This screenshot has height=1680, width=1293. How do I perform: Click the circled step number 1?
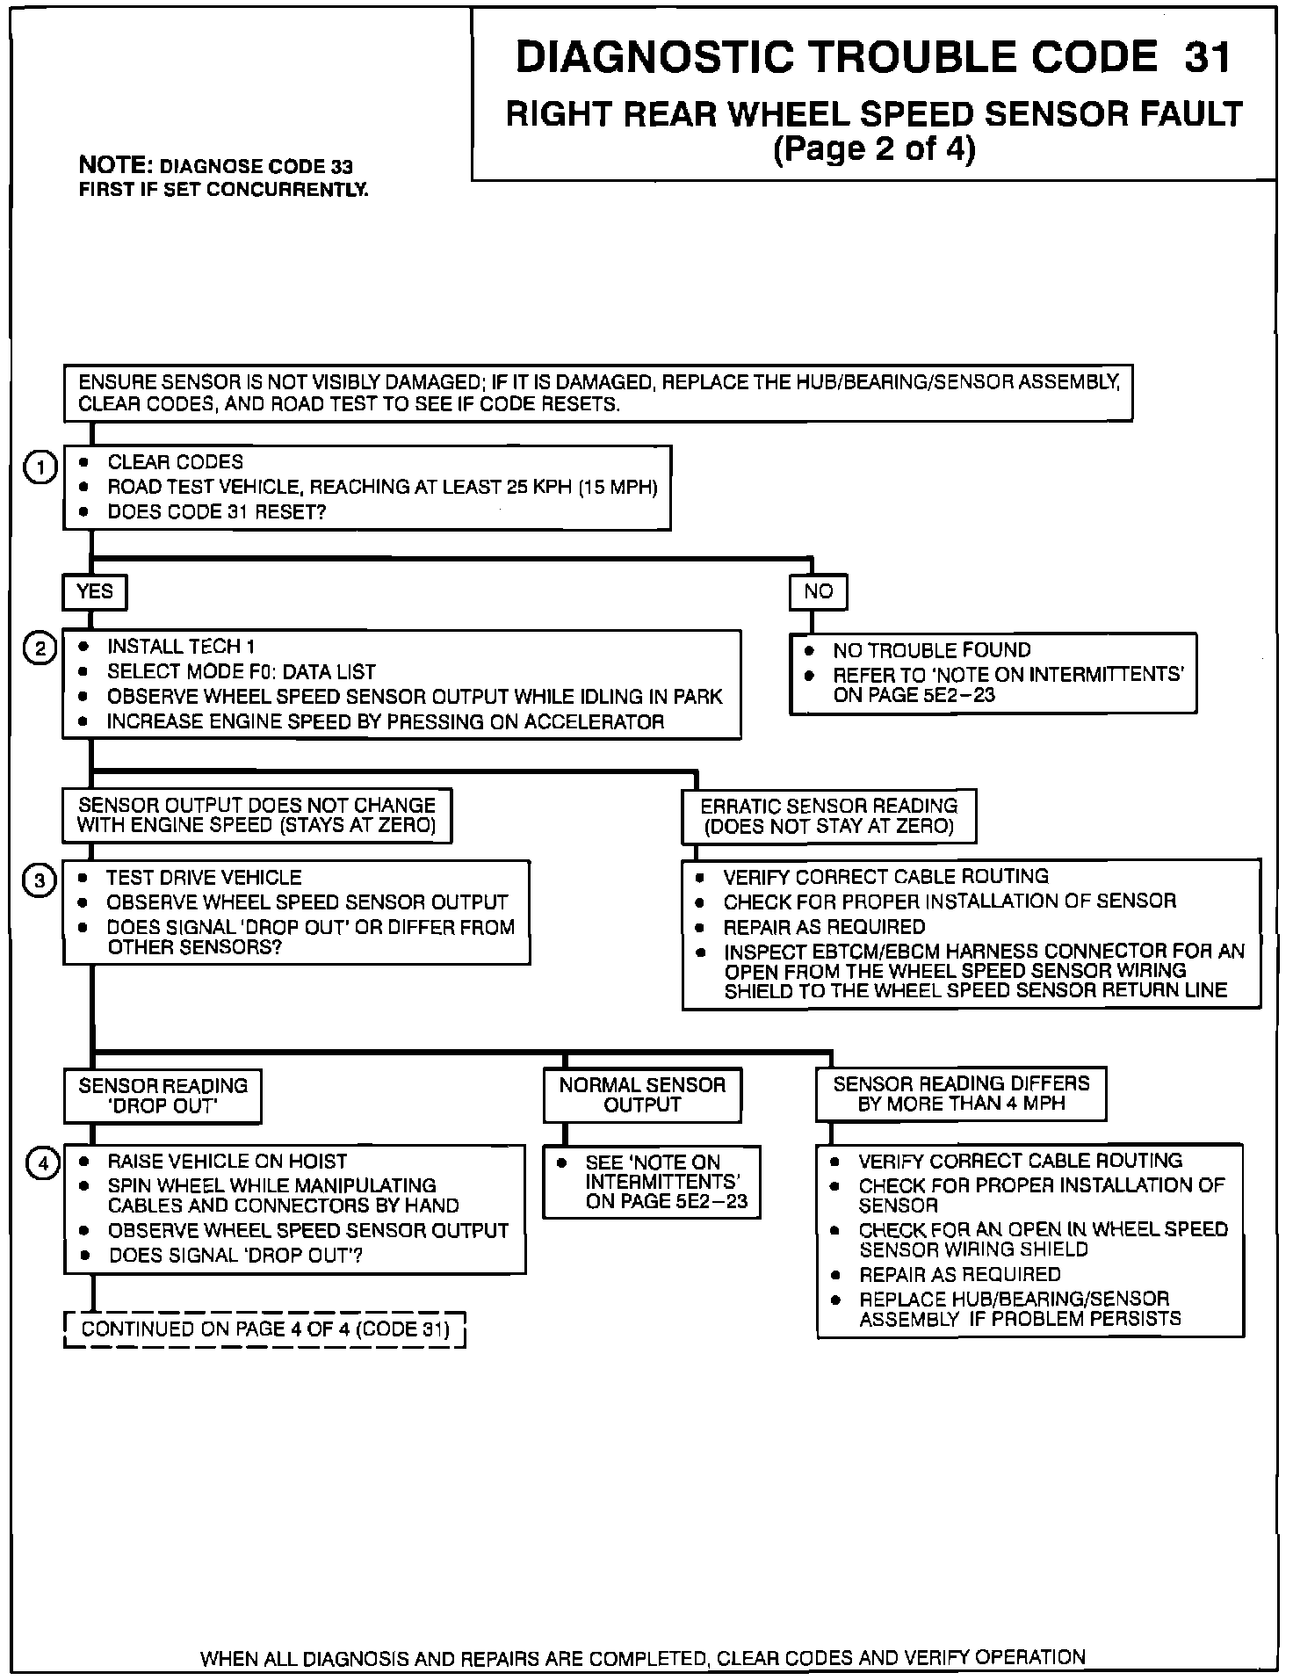click(x=40, y=467)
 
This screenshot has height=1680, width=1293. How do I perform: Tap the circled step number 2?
click(x=40, y=649)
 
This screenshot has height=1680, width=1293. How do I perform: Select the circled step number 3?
click(x=40, y=881)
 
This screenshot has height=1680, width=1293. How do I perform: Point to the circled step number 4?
click(x=41, y=1164)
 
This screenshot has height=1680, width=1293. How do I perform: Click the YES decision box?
click(x=95, y=592)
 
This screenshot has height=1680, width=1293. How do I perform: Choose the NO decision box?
click(x=818, y=592)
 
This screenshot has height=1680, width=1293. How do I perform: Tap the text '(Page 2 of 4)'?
click(x=874, y=148)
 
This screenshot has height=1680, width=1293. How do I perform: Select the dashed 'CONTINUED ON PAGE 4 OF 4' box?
click(x=264, y=1329)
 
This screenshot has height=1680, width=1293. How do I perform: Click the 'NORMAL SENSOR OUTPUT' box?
click(x=642, y=1095)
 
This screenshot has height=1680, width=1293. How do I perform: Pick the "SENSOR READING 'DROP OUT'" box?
click(x=163, y=1096)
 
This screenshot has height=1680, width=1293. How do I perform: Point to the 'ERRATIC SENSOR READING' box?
click(x=828, y=816)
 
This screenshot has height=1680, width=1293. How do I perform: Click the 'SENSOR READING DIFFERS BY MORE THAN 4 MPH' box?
click(x=961, y=1094)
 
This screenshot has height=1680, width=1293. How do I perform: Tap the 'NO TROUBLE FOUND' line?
click(x=931, y=650)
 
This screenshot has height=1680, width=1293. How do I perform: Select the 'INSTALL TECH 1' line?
click(x=181, y=647)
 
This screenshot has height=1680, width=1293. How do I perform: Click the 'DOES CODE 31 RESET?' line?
click(x=216, y=512)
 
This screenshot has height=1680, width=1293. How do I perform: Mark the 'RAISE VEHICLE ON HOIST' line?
click(x=227, y=1161)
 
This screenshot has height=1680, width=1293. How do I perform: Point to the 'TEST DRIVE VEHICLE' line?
click(x=204, y=878)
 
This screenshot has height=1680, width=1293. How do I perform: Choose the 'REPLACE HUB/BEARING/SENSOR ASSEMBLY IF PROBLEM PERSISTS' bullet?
click(x=1019, y=1308)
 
